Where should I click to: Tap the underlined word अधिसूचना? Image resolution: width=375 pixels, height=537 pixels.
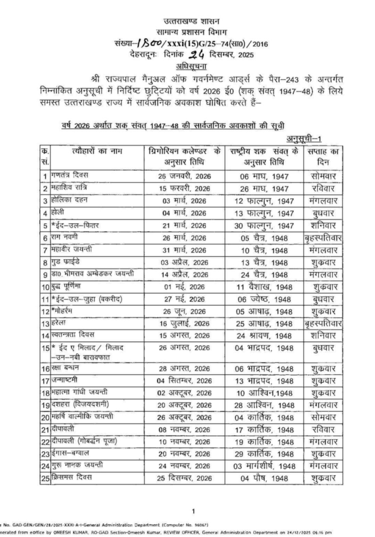187,65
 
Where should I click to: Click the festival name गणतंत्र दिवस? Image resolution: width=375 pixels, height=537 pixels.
68,176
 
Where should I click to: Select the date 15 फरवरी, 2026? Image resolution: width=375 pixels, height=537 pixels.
184,188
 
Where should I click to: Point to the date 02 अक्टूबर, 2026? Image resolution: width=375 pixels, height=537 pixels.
184,392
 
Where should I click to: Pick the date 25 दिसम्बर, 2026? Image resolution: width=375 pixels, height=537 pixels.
184,479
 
